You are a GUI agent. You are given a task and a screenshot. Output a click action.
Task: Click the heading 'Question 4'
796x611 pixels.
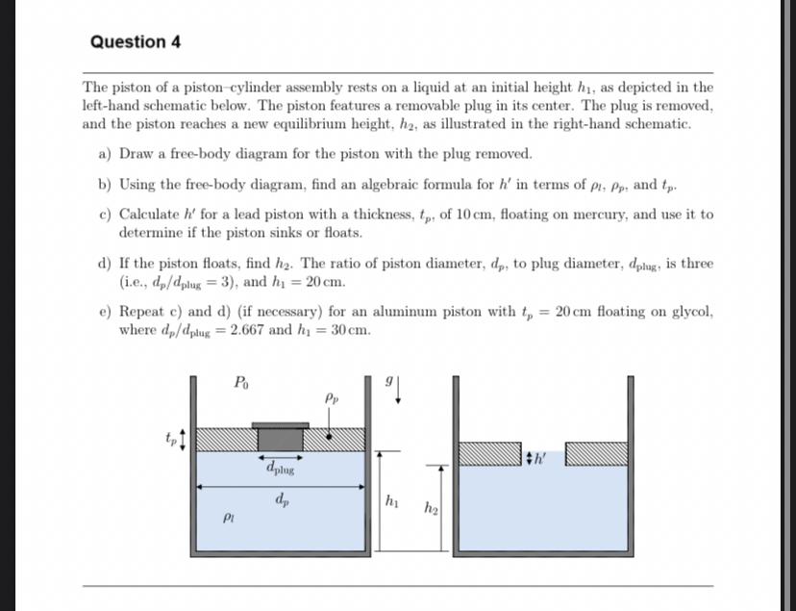coord(135,42)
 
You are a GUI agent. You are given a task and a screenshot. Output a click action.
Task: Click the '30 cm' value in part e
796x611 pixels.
coord(350,330)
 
